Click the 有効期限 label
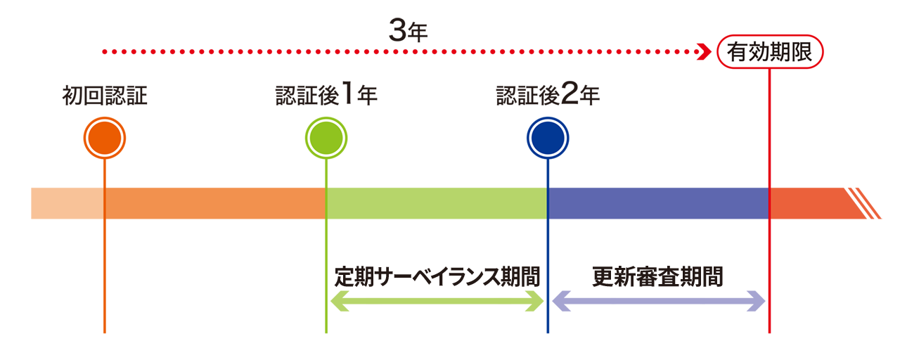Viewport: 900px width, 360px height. pyautogui.click(x=769, y=52)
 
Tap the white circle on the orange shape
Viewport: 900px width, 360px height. pyautogui.click(x=105, y=138)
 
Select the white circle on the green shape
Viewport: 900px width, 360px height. pyautogui.click(x=326, y=138)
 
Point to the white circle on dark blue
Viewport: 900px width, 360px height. pyautogui.click(x=548, y=138)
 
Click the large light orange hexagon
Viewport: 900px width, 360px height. pyautogui.click(x=211, y=204)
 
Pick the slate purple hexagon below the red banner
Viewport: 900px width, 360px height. pyautogui.click(x=657, y=200)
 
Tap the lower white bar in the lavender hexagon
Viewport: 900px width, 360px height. pyautogui.click(x=657, y=309)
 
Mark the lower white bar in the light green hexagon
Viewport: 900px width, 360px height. pyautogui.click(x=438, y=309)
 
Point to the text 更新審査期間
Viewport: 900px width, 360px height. pyautogui.click(x=657, y=276)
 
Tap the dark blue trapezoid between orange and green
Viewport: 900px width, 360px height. pyautogui.click(x=211, y=309)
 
